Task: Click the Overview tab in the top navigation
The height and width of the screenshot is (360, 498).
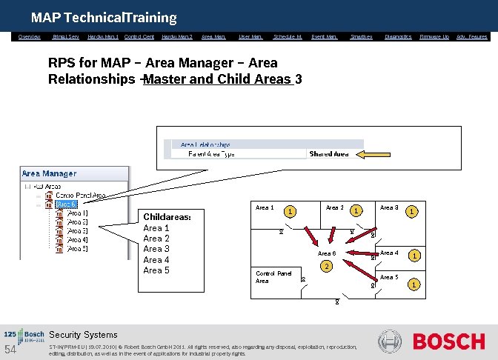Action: tap(30, 36)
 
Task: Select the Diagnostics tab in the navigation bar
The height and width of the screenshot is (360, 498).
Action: tap(398, 36)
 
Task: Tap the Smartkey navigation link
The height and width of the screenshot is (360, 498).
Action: tap(361, 36)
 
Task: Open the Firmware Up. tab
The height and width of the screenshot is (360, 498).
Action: tap(434, 36)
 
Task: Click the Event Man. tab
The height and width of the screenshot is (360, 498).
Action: tap(324, 36)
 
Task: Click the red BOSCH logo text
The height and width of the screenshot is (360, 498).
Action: tap(448, 341)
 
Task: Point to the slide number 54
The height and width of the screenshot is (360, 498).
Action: tap(10, 349)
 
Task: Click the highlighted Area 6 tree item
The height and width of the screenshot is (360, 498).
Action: tap(67, 204)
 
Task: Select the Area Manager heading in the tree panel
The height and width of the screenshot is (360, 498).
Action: tap(49, 173)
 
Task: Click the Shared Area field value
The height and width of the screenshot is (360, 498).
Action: tap(329, 154)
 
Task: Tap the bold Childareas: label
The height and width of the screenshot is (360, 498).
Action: tap(167, 217)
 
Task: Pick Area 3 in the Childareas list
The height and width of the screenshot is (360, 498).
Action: tap(156, 249)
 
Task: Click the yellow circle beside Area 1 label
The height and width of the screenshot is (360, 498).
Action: tap(291, 211)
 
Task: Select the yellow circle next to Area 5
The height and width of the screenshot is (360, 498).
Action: tap(415, 284)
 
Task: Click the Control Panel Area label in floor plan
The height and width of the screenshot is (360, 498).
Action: tap(273, 277)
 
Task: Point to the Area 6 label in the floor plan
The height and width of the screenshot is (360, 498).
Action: tap(327, 253)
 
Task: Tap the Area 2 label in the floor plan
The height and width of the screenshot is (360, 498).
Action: tap(334, 208)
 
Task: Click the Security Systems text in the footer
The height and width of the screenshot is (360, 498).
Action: tap(83, 335)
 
